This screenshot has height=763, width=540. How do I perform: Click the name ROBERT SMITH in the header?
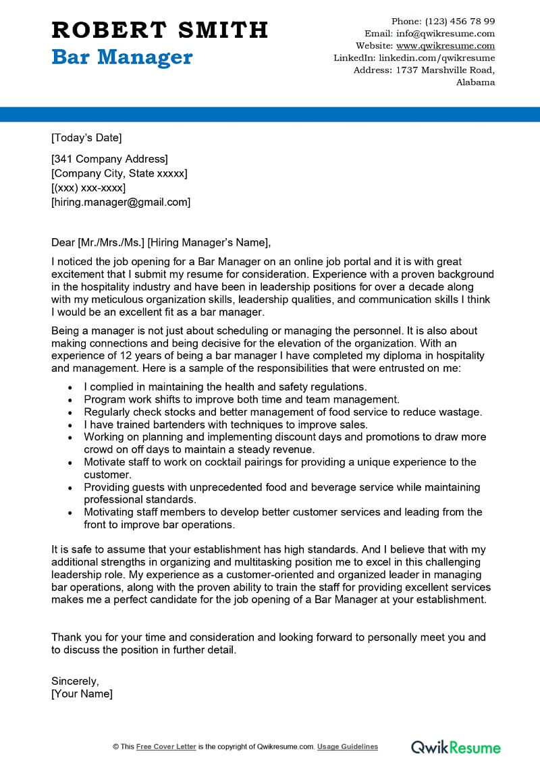160,30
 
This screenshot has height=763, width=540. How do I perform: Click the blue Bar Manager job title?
122,57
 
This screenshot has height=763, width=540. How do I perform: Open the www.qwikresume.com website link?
446,46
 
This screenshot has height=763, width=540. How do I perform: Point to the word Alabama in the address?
475,82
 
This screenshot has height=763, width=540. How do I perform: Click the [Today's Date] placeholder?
86,138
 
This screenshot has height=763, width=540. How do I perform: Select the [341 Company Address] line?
109,159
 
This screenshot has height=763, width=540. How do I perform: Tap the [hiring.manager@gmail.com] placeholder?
121,202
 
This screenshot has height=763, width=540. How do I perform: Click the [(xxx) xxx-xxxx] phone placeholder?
88,188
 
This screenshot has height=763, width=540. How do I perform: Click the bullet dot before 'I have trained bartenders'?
71,425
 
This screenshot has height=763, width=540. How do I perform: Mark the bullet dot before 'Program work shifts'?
71,400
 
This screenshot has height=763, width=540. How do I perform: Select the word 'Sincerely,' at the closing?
75,681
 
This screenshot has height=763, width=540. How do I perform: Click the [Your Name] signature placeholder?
82,694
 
